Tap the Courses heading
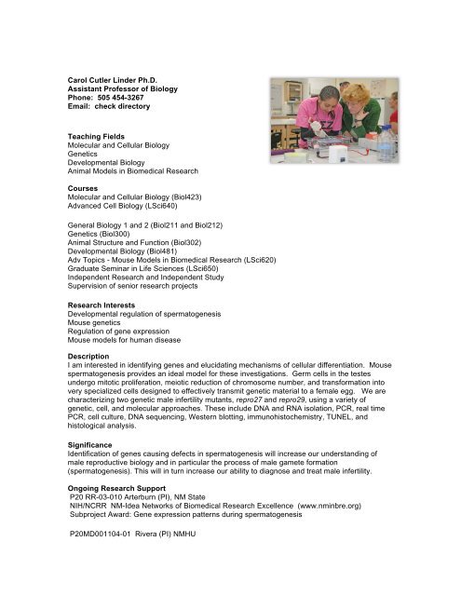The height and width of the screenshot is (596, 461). point(80,187)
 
